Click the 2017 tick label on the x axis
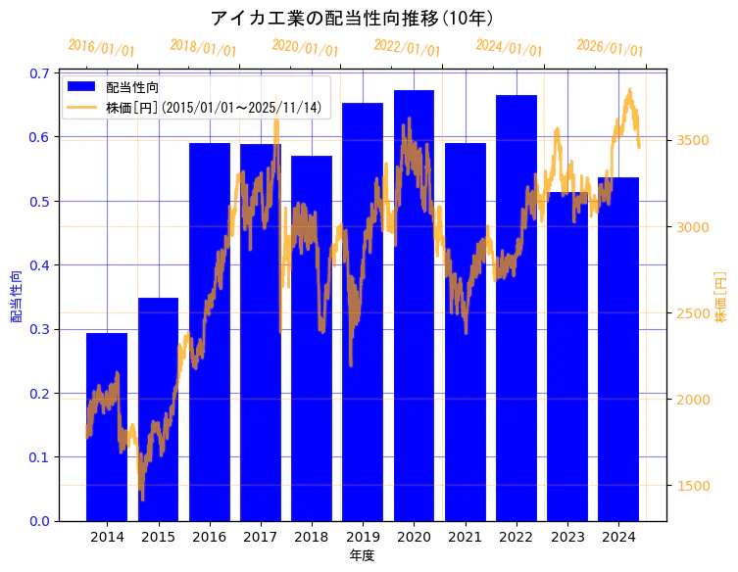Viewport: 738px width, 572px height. coord(260,537)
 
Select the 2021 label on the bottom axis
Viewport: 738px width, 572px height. coord(465,537)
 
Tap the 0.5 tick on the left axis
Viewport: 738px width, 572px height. coord(41,202)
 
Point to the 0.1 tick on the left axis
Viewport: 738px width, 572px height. coord(41,457)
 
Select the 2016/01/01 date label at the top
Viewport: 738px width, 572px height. coord(101,48)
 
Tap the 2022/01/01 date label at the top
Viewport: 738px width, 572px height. coord(407,48)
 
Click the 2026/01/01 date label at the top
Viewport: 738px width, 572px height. coord(610,48)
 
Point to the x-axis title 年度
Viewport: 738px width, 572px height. coord(362,555)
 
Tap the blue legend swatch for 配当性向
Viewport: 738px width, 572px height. coord(83,88)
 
